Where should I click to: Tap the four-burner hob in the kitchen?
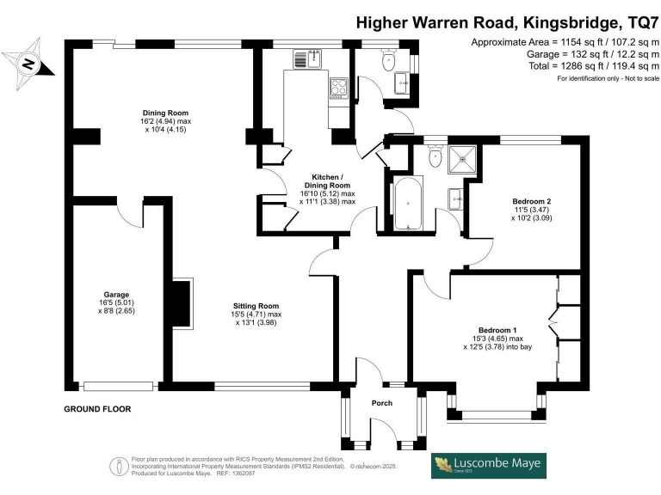pos(337,89)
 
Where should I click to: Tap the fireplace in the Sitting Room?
pos(182,302)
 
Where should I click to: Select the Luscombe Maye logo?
pos(488,465)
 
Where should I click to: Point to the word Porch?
pos(381,403)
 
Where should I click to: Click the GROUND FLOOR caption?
pos(97,409)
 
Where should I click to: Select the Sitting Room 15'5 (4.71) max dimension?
pos(257,315)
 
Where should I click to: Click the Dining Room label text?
pos(165,113)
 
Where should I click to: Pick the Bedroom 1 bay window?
pos(497,416)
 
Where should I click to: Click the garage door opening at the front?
pos(118,384)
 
